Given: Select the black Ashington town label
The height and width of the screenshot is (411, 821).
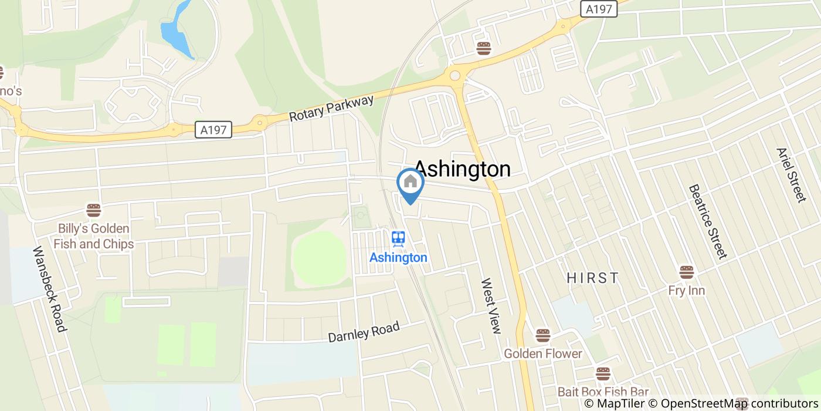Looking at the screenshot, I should [x=463, y=169].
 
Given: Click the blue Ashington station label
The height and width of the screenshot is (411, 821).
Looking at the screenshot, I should [x=398, y=258].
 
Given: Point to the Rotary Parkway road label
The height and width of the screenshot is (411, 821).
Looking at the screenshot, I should [x=331, y=109].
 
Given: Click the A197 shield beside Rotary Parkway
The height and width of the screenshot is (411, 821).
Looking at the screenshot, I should [x=213, y=130].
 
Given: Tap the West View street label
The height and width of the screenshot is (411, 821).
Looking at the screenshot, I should [x=491, y=306].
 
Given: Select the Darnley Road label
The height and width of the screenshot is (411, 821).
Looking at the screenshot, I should [x=364, y=332].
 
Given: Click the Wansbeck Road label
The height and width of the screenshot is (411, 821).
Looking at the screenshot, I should [x=49, y=288].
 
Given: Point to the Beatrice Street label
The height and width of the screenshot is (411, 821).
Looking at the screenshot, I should [x=707, y=221].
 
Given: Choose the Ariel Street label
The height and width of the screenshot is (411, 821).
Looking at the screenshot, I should [x=792, y=174].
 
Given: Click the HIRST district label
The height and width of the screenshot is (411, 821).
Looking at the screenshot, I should [x=593, y=278].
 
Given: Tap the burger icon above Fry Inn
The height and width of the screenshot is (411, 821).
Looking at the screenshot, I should [x=687, y=272].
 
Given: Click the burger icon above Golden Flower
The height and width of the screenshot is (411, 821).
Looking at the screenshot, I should [x=543, y=336].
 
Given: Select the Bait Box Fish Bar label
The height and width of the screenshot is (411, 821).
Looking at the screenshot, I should [x=603, y=392].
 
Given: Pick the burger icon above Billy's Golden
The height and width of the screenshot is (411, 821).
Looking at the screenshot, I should [x=94, y=210].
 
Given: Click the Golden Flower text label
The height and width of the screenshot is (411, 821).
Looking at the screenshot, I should [x=543, y=353].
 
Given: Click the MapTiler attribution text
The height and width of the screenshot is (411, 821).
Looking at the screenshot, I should [x=613, y=403].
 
